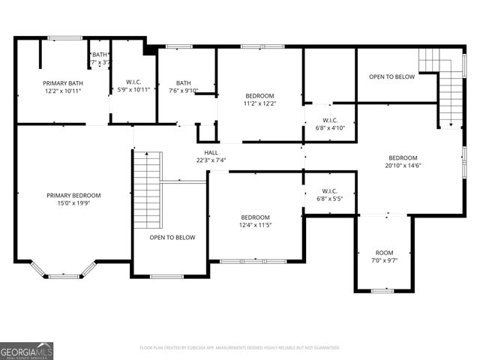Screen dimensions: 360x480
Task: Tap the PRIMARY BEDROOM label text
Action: (73, 195)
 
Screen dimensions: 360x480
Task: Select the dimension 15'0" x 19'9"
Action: (73, 202)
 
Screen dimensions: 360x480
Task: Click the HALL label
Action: (211, 152)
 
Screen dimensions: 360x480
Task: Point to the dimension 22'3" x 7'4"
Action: (211, 160)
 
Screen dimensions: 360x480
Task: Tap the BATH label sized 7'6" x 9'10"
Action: (184, 83)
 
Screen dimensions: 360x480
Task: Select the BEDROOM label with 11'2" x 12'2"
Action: (260, 96)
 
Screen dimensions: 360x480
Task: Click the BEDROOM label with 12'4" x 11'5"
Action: (255, 217)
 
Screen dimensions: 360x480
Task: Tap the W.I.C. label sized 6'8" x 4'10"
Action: (329, 120)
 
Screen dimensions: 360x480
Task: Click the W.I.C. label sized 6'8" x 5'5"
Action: (329, 191)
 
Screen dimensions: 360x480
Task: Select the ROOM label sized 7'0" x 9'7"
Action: (384, 253)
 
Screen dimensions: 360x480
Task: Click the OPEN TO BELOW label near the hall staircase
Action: (172, 237)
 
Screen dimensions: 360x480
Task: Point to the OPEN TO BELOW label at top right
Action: (392, 76)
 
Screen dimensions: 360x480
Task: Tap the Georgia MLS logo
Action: (27, 350)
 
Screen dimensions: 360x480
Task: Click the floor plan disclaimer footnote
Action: (240, 348)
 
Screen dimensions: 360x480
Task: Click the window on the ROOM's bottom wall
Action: (382, 290)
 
